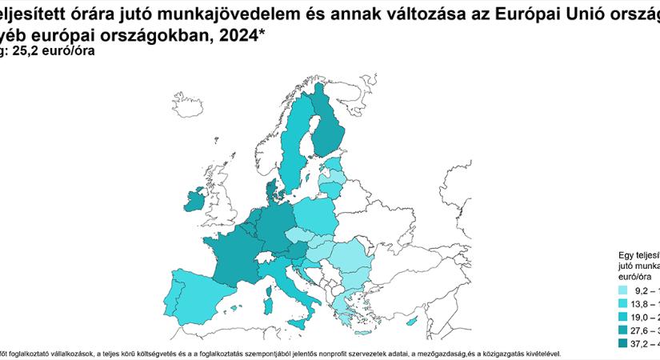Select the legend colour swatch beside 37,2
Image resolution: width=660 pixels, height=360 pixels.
[622, 343]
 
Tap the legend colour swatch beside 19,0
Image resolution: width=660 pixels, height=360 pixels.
[622, 318]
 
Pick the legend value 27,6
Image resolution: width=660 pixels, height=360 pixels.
[641, 330]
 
